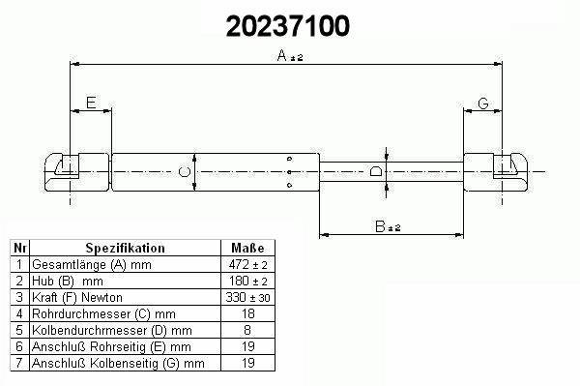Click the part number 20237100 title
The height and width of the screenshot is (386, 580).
288,26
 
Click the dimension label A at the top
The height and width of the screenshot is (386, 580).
282,55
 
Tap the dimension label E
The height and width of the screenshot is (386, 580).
91,103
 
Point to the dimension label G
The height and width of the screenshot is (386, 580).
483,104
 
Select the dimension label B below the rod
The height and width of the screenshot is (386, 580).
380,226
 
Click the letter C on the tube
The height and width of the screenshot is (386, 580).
185,172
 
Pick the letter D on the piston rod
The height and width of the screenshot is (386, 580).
376,171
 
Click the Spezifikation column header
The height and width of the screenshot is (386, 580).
125,248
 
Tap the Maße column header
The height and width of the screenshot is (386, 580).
247,248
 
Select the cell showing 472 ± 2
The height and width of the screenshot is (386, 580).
247,265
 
